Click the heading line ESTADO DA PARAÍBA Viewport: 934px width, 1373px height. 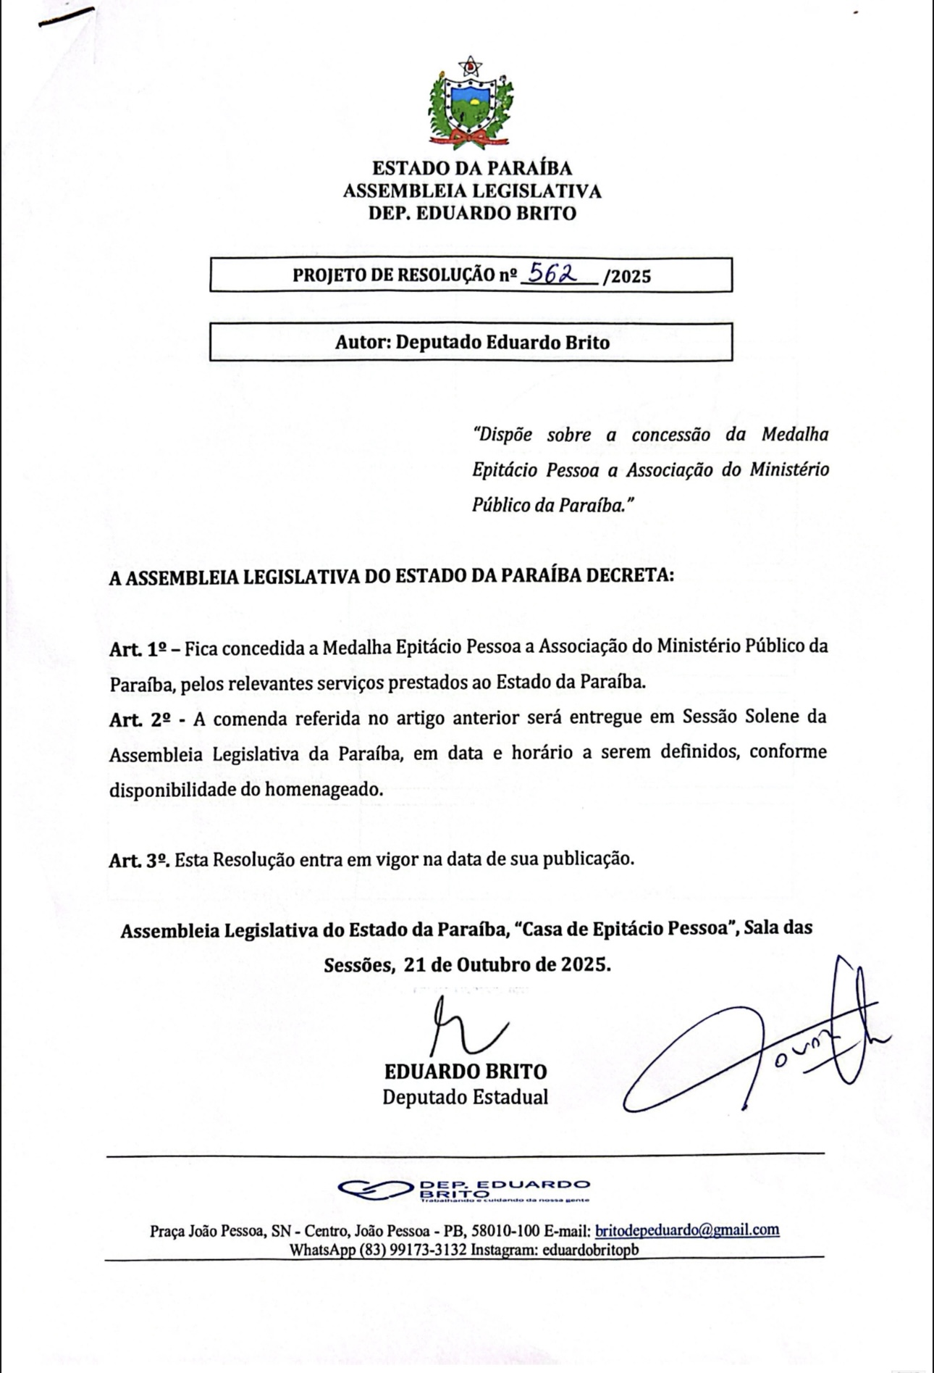pyautogui.click(x=472, y=168)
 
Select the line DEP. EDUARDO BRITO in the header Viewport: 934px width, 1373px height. pyautogui.click(x=472, y=213)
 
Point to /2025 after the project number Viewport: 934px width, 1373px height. pyautogui.click(x=627, y=276)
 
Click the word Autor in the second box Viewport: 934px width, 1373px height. pyautogui.click(x=361, y=342)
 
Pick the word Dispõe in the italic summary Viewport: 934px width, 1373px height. pyautogui.click(x=502, y=435)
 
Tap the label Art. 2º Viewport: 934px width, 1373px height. pyautogui.click(x=140, y=719)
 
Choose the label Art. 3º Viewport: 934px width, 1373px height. pyautogui.click(x=140, y=860)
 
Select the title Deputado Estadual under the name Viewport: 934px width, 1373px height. pyautogui.click(x=465, y=1097)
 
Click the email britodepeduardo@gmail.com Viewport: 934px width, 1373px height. pyautogui.click(x=686, y=1230)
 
